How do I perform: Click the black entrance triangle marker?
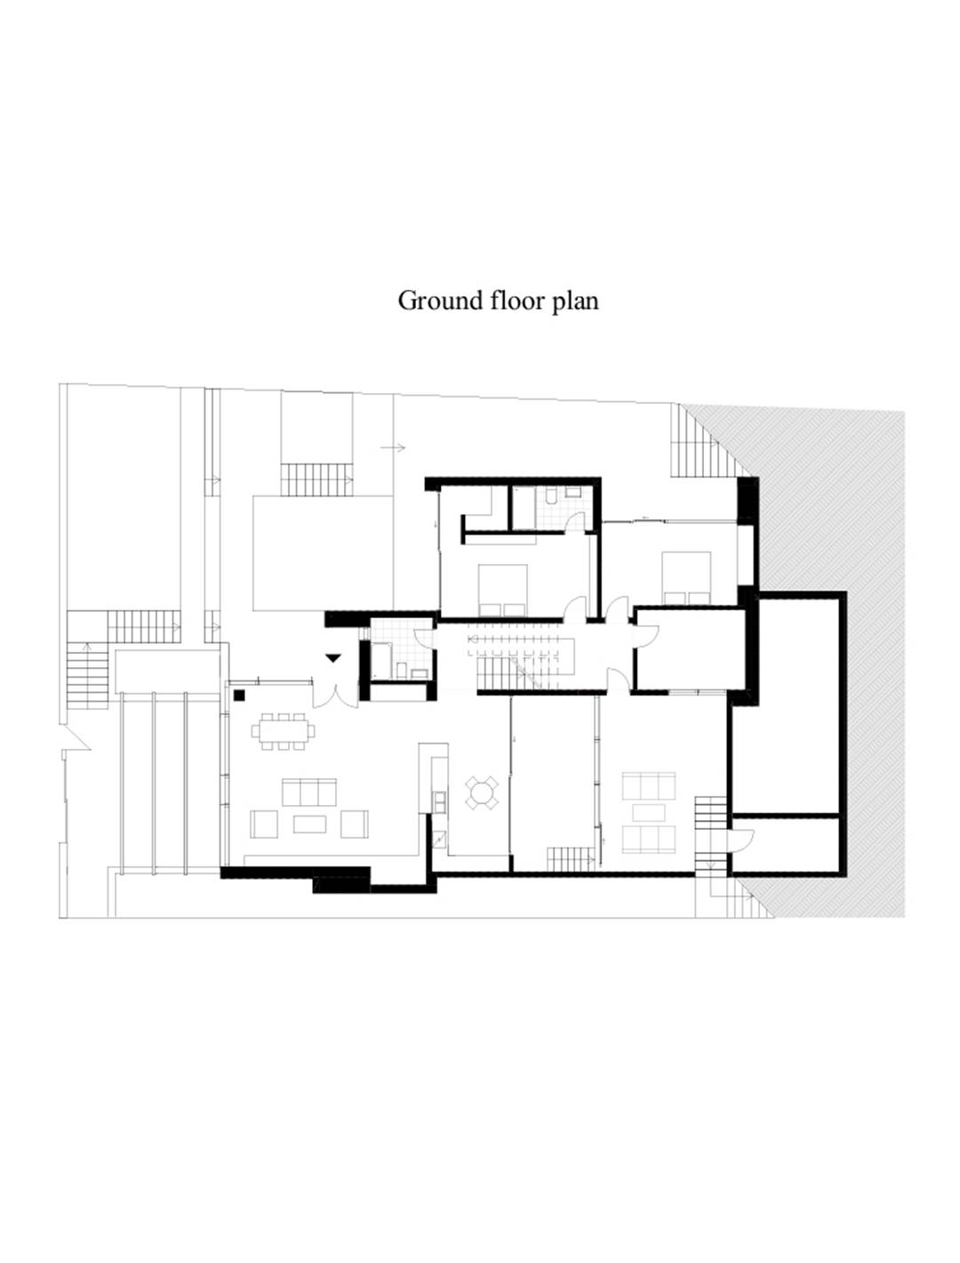click(333, 657)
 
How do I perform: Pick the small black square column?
click(239, 695)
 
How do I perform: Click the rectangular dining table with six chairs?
click(283, 731)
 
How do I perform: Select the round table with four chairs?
click(482, 793)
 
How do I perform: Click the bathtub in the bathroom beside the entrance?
click(381, 661)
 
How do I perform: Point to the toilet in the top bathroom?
click(550, 496)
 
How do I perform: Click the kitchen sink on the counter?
click(439, 800)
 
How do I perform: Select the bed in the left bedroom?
click(502, 590)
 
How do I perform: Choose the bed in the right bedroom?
click(686, 578)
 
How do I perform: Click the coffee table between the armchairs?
click(309, 824)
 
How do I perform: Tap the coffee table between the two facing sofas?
click(648, 812)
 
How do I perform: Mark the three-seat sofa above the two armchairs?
click(309, 792)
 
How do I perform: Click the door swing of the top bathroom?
click(575, 522)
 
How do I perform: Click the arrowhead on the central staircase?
click(471, 639)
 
